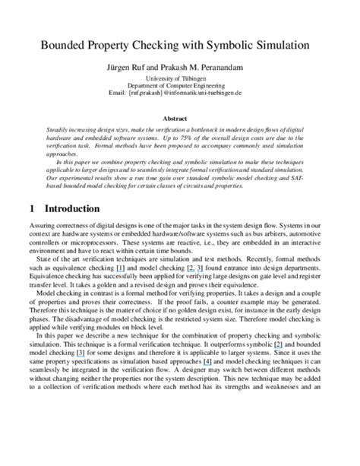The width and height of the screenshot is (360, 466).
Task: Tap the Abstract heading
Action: (179, 119)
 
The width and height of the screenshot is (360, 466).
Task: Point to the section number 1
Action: (31, 208)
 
